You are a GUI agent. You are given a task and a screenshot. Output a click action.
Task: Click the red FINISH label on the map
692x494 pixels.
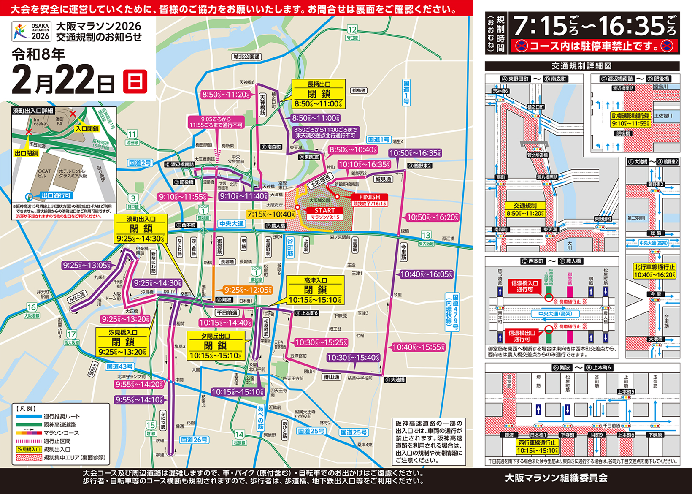point(370,197)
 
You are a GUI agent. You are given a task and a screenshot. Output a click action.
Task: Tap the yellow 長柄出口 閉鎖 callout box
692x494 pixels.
point(319,94)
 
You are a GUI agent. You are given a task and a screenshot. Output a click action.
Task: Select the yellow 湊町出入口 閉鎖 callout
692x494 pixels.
point(141,229)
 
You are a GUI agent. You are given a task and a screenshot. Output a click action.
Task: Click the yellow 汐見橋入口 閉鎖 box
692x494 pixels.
point(123,342)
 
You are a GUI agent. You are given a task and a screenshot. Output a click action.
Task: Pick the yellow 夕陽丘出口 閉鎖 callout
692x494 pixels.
point(215,346)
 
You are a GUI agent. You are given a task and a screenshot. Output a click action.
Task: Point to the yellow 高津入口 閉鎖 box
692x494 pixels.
point(315,290)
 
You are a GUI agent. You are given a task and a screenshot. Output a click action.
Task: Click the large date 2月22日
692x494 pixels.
point(63,80)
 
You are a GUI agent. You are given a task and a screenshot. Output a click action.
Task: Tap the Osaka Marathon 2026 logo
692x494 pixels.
point(32,32)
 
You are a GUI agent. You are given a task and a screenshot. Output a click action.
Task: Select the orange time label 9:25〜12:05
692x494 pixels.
point(248,290)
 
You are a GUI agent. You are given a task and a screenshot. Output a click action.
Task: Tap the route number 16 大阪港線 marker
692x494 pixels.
point(32,310)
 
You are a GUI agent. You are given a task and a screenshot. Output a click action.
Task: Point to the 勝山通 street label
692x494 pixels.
point(331,377)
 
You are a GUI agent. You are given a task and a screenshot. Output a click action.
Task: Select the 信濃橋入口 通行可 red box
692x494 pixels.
point(524,286)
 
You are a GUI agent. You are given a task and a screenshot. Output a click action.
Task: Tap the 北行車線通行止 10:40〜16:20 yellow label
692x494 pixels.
point(654,271)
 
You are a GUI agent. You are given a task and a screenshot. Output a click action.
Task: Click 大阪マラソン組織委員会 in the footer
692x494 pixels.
point(556,478)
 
